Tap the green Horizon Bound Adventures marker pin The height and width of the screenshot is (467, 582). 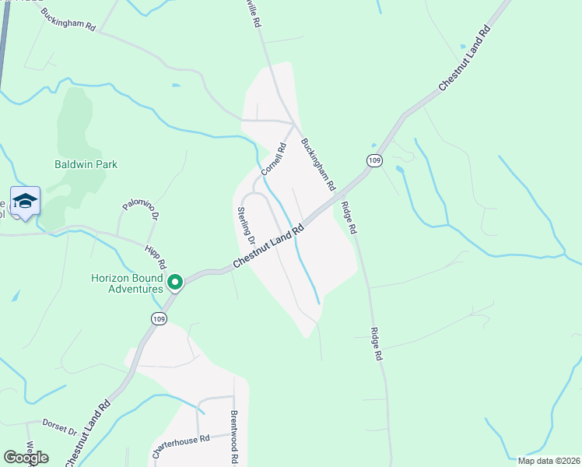(176, 283)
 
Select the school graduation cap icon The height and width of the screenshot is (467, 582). (25, 201)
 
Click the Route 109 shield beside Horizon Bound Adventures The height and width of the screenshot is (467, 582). (159, 318)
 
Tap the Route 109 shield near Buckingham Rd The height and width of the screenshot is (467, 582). (375, 160)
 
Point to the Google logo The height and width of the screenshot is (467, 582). (26, 458)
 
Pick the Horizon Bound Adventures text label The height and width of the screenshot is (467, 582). (127, 283)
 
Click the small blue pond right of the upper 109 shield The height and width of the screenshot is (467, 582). (399, 168)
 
